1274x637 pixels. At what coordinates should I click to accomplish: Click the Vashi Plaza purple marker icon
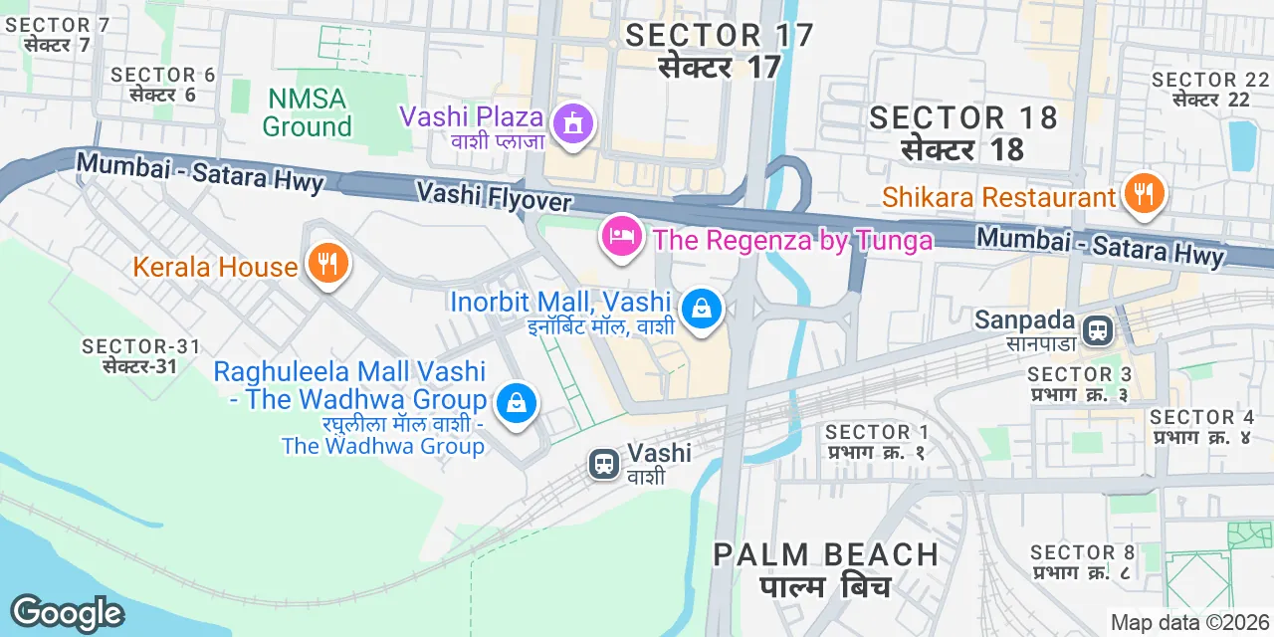[573, 124]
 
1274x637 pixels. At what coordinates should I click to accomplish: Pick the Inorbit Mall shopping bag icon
[703, 310]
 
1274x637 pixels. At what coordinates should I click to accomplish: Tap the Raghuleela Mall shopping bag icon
[517, 403]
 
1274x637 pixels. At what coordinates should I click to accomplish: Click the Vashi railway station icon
[604, 464]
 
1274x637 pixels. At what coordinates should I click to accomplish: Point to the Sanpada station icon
[1098, 330]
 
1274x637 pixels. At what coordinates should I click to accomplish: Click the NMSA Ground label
[307, 112]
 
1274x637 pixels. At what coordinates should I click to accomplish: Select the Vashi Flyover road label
[494, 195]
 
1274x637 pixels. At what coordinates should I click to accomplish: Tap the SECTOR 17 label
[720, 36]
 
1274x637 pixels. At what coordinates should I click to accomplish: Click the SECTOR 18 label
[963, 117]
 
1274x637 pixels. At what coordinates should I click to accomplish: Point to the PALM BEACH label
[825, 554]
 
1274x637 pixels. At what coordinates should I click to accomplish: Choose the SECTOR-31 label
[141, 346]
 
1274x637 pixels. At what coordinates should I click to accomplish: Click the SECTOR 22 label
[1209, 80]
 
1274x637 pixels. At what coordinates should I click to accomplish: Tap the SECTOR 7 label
[58, 25]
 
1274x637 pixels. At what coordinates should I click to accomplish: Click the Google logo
[67, 612]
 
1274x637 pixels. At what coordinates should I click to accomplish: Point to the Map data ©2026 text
[1188, 623]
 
